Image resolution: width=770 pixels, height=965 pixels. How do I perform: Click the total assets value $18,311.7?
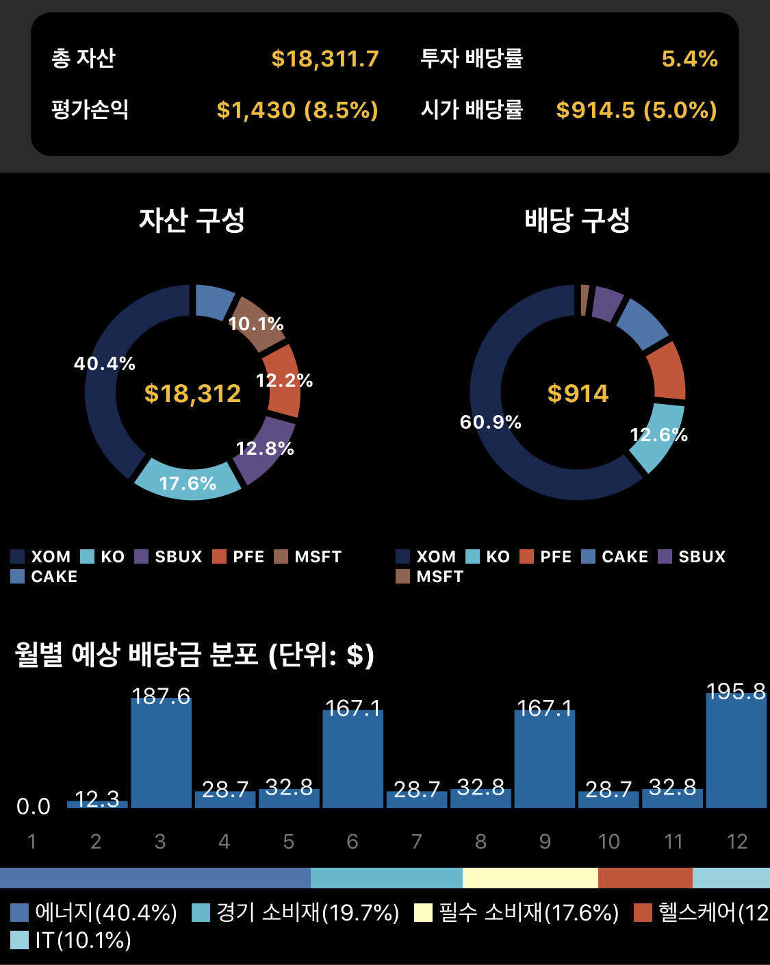pos(324,59)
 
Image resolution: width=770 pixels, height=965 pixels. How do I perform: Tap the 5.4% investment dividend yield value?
pos(689,59)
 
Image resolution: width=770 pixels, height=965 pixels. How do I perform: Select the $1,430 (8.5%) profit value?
pos(297,110)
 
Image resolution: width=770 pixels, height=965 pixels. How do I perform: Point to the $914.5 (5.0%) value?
pos(637,110)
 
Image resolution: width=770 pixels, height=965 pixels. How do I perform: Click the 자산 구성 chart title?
pos(192,221)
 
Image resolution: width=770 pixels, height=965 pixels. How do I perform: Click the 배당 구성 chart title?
pos(577,221)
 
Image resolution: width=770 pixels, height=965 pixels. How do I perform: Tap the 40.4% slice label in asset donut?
pos(105,364)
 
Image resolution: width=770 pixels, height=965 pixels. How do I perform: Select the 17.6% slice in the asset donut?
pos(188,483)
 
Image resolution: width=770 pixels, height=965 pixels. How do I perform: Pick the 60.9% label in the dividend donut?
pos(490,422)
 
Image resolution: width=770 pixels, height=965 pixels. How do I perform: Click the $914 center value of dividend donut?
pos(578,394)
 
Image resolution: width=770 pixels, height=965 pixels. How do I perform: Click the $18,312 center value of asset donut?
pos(192,394)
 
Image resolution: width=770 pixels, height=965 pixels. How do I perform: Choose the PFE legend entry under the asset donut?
pos(239,557)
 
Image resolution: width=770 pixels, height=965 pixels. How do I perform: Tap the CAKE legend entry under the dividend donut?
pos(615,557)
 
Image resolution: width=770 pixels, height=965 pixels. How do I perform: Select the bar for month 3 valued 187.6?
pos(161,753)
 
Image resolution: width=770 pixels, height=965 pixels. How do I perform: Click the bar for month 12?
pos(736,753)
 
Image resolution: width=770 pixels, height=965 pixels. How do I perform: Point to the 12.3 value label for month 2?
pos(97,799)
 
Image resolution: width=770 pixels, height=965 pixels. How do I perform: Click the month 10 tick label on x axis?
pos(608,841)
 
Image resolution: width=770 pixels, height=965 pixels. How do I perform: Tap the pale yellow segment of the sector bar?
pos(530,878)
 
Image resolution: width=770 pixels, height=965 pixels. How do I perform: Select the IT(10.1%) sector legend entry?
pos(71,940)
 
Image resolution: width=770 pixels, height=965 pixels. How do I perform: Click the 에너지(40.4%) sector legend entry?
pos(94,913)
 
